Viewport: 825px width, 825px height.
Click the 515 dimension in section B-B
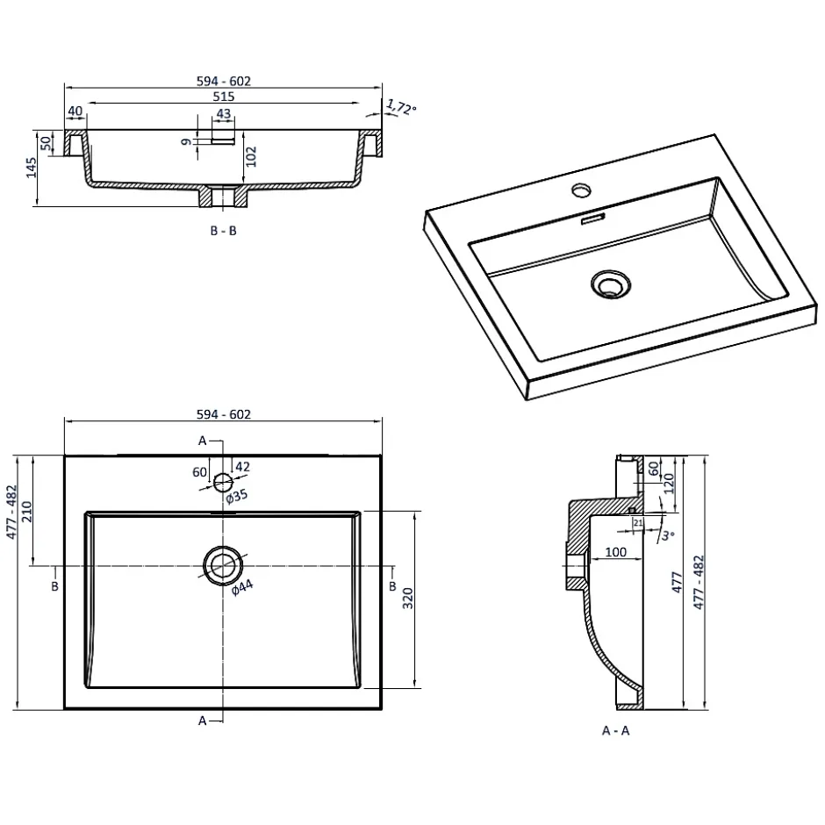coord(225,97)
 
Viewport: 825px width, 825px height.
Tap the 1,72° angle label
coord(400,108)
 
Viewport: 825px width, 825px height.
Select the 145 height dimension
coord(31,167)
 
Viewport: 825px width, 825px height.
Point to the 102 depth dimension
coord(252,155)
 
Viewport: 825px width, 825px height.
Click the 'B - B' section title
coord(223,231)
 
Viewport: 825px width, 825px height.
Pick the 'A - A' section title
coord(615,730)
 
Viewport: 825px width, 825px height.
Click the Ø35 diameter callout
coord(237,496)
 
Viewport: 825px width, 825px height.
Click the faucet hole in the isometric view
coord(581,189)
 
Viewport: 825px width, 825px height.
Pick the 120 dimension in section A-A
coord(669,482)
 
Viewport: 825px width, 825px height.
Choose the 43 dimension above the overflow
coord(223,114)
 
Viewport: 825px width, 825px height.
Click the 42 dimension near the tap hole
coord(244,467)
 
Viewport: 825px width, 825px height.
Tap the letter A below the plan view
coord(202,721)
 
